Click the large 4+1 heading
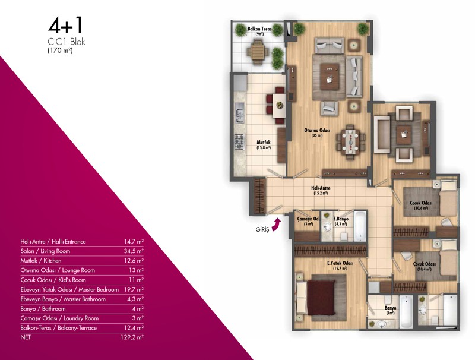(x=65, y=26)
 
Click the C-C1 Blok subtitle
(x=66, y=42)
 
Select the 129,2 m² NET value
(x=132, y=337)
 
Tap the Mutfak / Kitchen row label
(x=41, y=261)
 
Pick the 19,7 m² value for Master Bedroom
(x=134, y=289)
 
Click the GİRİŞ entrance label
(x=262, y=229)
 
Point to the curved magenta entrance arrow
(x=276, y=226)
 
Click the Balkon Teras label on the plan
(x=259, y=29)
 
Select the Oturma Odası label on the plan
(x=317, y=130)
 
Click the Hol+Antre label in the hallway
(x=321, y=188)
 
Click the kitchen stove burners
(x=239, y=141)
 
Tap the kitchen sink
(x=239, y=112)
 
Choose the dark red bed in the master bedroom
(x=321, y=298)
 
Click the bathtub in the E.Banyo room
(x=360, y=226)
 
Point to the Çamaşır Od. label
(x=308, y=219)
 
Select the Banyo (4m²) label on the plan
(x=391, y=310)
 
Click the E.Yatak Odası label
(x=340, y=263)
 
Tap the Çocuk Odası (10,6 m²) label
(x=421, y=205)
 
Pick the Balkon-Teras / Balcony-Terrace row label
(x=58, y=328)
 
